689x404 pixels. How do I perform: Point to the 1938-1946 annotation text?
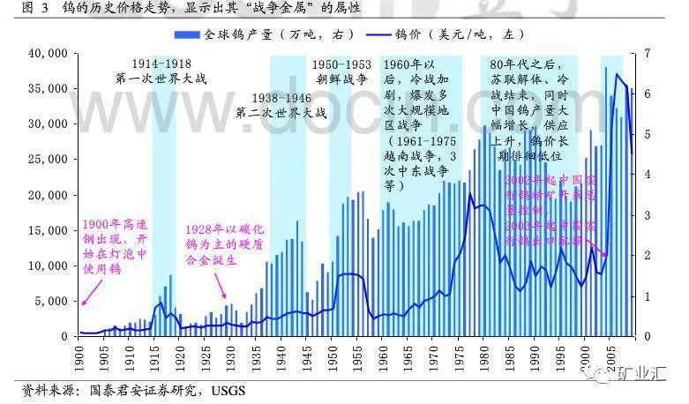pyautogui.click(x=281, y=98)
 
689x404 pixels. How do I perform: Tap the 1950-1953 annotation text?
pyautogui.click(x=341, y=64)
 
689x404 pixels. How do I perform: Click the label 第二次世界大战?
pyautogui.click(x=281, y=113)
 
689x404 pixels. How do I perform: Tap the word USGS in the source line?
pyautogui.click(x=228, y=389)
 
